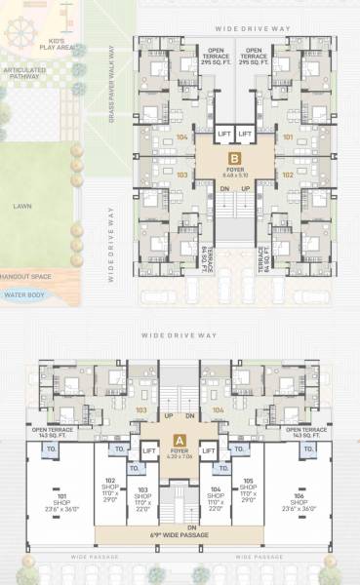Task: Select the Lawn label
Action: click(x=21, y=206)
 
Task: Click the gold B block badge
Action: click(x=233, y=157)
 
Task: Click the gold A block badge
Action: click(x=179, y=440)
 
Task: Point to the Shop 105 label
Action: click(x=249, y=486)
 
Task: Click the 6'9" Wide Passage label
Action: click(x=179, y=535)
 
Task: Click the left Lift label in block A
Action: click(x=150, y=451)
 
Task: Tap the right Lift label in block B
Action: click(x=247, y=133)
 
